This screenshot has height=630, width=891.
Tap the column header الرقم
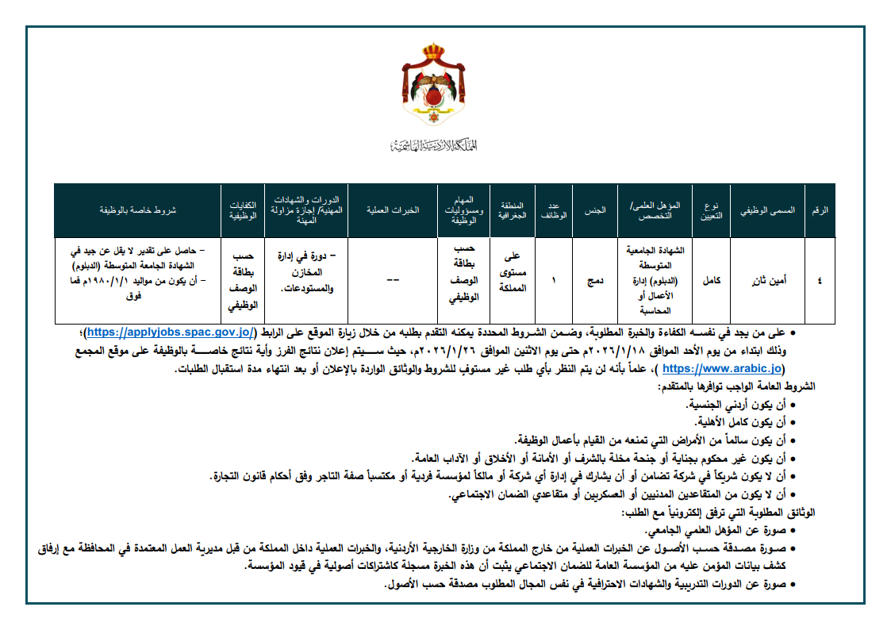820,210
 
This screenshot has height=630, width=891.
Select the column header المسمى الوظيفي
766,210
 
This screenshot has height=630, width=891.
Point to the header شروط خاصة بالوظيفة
137,210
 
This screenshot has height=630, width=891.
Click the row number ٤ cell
820,280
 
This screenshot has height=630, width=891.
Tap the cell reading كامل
711,280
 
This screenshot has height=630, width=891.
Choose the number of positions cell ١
554,280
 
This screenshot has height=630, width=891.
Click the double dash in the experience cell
393,280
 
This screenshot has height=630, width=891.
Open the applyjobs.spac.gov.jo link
170,332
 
